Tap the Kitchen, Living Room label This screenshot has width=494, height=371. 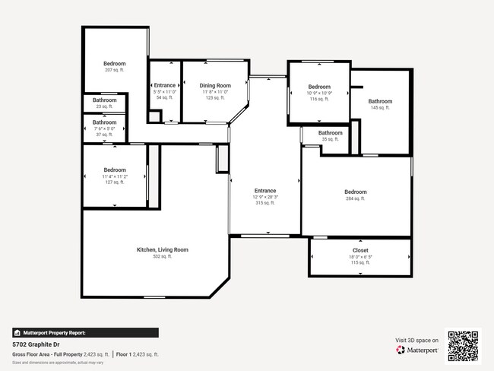[162, 249]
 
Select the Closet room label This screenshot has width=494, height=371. [360, 250]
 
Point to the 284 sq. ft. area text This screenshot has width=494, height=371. [355, 198]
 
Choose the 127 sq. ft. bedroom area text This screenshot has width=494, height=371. [115, 182]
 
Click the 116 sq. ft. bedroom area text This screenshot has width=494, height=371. [318, 99]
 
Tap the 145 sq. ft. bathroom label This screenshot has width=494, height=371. [380, 108]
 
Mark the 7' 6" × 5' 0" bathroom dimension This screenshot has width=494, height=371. [105, 128]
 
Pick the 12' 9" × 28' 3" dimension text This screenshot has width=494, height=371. [265, 197]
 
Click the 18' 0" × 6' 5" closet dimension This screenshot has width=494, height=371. [360, 257]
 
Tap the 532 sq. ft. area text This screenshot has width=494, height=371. [162, 256]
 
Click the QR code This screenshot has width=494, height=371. [464, 345]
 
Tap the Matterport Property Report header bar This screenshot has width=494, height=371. [85, 332]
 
